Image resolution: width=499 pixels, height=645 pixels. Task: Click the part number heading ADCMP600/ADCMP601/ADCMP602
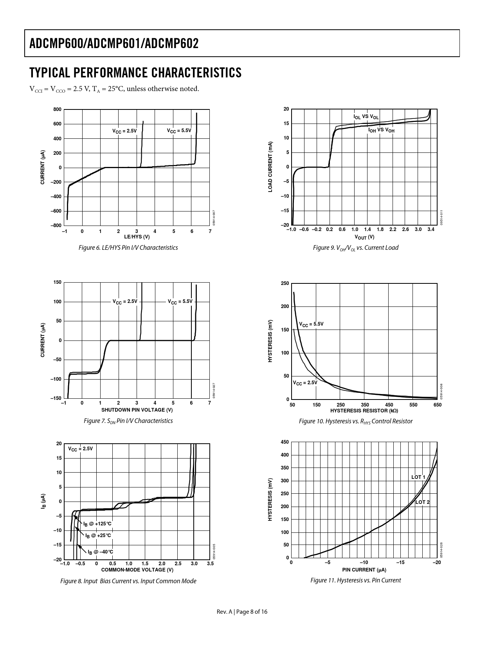(114, 43)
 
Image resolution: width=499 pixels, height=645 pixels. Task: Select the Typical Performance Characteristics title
(135, 73)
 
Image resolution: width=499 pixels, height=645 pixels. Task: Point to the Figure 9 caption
(355, 247)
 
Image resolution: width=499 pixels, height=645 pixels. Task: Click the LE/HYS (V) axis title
(137, 236)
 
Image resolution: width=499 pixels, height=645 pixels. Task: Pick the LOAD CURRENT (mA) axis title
(270, 167)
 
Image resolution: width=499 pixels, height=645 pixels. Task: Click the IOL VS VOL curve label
(366, 116)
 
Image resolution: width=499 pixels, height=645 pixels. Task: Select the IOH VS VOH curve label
(381, 130)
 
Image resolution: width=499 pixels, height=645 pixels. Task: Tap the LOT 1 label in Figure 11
(418, 477)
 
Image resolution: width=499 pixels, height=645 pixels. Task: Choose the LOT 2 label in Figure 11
(422, 502)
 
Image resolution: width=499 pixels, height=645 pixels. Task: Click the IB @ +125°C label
(97, 523)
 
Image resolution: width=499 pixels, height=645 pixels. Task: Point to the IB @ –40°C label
(100, 552)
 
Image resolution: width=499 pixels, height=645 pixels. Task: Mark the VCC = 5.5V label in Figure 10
(311, 324)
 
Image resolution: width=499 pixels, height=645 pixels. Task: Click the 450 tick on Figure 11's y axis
(285, 442)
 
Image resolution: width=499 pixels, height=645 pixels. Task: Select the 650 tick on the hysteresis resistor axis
(437, 405)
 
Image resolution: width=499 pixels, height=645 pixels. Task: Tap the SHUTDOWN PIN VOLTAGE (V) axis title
(137, 410)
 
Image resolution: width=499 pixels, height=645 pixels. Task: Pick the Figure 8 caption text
(128, 581)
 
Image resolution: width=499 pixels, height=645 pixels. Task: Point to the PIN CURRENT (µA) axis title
(364, 569)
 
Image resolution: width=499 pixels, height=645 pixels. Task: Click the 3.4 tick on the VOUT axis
(431, 229)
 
